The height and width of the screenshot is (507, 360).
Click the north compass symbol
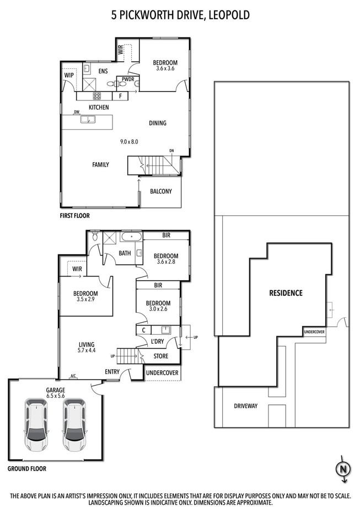[343, 469]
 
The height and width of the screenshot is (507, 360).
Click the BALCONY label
[161, 192]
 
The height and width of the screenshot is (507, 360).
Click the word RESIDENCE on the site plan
[286, 293]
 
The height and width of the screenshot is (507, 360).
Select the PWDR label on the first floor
[128, 79]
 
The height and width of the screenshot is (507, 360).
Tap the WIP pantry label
[69, 75]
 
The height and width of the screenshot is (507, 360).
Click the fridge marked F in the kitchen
[120, 96]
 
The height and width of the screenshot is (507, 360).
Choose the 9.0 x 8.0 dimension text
[129, 142]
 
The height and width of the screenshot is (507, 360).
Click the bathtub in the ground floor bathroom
[132, 238]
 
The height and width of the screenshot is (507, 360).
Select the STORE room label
[161, 356]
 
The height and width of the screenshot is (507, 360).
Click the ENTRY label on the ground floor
[112, 372]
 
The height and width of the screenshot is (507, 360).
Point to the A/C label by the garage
[73, 377]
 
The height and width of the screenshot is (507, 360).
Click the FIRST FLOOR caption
[74, 216]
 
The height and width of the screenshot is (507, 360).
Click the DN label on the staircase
[171, 150]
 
